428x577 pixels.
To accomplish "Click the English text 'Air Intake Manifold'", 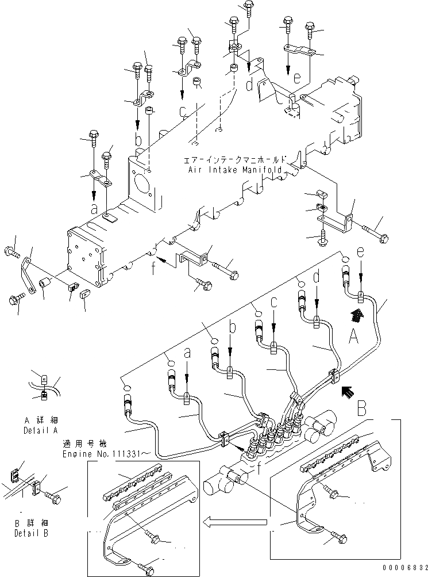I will coord(234,170).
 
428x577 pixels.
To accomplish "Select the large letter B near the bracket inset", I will coord(361,408).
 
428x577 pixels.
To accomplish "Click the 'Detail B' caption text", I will coord(32,533).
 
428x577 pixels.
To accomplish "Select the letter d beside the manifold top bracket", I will coord(248,86).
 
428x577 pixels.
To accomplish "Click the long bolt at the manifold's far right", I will coord(377,234).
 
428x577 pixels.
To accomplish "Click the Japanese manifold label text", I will coord(234,161).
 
